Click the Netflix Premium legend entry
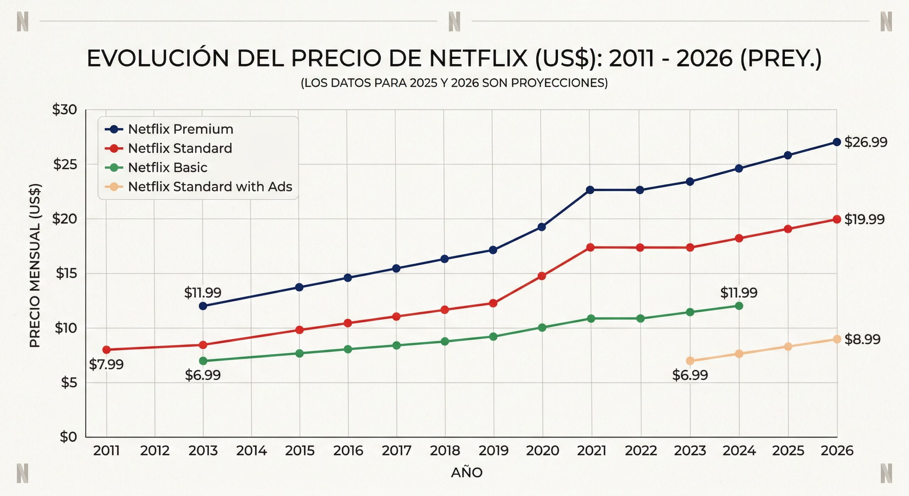coord(180,129)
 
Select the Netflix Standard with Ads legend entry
coord(210,187)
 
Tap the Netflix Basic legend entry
coord(167,168)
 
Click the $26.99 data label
coord(865,142)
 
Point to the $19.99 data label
coord(864,220)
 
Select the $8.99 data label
coord(862,340)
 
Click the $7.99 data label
coord(106,365)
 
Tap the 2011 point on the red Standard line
coord(107,350)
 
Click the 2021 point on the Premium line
coord(590,190)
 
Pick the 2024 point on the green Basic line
coord(739,306)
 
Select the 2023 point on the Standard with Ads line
coord(690,361)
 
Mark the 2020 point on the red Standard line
coord(542,276)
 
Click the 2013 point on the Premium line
coord(203,306)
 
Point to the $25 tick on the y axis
coord(65,165)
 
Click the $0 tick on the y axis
coord(69,437)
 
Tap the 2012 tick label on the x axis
coord(155,451)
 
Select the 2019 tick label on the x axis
coord(493,451)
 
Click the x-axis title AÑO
coord(467,473)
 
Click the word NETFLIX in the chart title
coord(478,59)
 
